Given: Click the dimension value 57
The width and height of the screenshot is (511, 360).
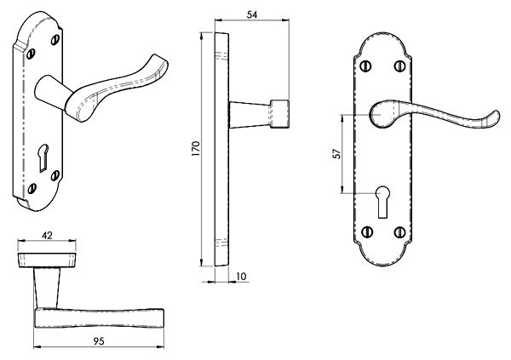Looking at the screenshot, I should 336,154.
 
